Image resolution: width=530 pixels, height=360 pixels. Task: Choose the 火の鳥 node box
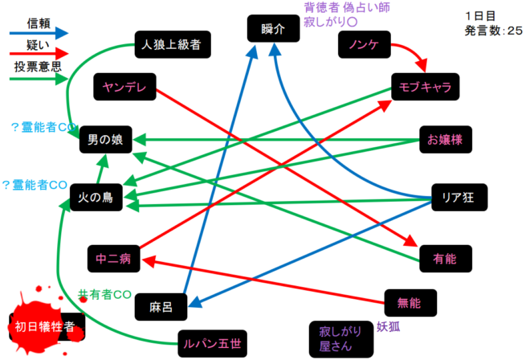pos(96,198)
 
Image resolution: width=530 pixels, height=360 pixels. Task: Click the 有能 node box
pos(444,259)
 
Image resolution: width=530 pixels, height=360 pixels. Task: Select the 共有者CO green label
pos(104,295)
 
